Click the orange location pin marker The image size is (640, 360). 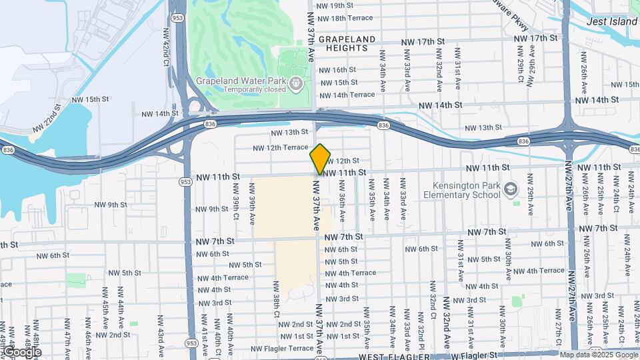click(320, 159)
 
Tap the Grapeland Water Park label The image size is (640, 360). click(241, 81)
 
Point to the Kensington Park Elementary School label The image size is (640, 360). click(461, 190)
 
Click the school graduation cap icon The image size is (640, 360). click(511, 189)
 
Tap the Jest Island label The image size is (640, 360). click(612, 21)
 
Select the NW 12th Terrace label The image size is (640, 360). click(280, 147)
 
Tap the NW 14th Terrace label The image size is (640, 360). click(347, 95)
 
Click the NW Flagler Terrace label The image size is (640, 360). click(283, 348)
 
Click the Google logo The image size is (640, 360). click(21, 351)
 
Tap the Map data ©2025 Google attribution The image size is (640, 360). click(598, 355)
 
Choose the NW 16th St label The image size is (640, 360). click(339, 70)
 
